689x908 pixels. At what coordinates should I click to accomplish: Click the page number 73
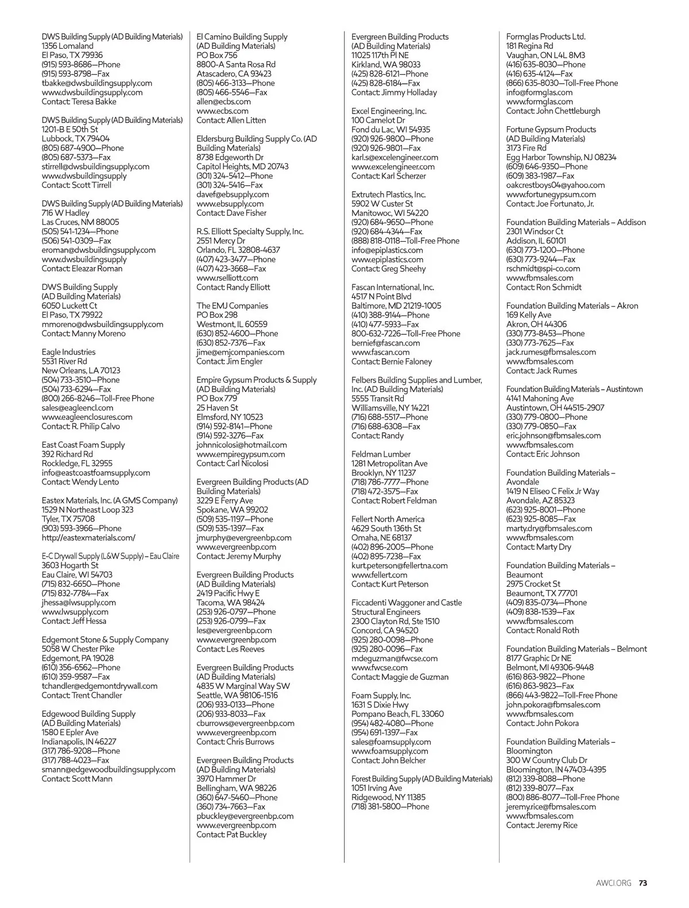[643, 883]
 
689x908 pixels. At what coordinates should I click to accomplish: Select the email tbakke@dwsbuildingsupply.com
[96, 83]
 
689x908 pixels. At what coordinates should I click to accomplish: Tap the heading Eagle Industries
[68, 352]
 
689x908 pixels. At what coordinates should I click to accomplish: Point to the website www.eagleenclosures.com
[87, 417]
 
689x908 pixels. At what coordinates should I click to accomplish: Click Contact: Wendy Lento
[80, 482]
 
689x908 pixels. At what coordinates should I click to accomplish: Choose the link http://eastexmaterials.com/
[88, 538]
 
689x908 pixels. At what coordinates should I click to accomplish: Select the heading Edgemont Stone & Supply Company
[105, 639]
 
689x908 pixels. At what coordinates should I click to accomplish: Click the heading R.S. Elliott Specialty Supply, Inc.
[250, 231]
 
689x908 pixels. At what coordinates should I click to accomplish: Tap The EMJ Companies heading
[232, 306]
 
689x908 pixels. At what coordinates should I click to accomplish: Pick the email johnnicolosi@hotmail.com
[241, 445]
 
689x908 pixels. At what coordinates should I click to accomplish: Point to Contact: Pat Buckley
[231, 835]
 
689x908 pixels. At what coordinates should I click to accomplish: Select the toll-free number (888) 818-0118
[405, 241]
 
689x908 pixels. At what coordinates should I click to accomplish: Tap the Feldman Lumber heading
[381, 454]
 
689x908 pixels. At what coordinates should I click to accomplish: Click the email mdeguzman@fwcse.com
[394, 658]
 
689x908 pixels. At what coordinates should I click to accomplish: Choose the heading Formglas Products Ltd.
[545, 37]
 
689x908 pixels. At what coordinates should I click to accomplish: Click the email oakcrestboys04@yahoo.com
[555, 185]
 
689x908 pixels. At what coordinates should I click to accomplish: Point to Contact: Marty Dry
[539, 547]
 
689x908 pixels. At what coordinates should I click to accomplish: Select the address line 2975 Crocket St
[533, 584]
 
